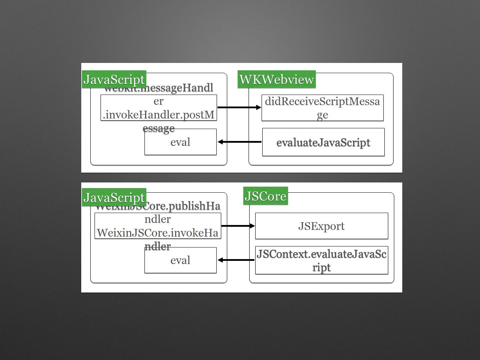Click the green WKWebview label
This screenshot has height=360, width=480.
276,79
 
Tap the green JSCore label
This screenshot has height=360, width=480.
265,196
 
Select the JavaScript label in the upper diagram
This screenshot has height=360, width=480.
114,79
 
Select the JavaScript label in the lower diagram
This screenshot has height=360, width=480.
114,198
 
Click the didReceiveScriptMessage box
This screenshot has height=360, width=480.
322,108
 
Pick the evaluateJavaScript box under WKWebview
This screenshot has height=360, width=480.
323,142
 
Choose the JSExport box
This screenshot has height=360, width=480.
321,226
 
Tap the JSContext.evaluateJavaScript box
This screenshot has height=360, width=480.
321,260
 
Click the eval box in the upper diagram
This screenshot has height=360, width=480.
180,142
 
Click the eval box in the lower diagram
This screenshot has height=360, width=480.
180,260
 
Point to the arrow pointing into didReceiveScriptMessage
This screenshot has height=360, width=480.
239,107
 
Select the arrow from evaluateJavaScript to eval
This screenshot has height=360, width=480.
239,142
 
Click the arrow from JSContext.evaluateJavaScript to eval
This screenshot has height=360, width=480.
236,260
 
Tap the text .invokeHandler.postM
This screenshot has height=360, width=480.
159,115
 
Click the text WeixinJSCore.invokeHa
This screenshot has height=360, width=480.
158,233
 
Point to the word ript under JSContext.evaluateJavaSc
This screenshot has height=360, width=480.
321,268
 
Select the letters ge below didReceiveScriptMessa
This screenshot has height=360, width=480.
322,115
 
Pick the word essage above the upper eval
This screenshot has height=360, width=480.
159,128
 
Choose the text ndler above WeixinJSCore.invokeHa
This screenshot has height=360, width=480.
158,219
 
